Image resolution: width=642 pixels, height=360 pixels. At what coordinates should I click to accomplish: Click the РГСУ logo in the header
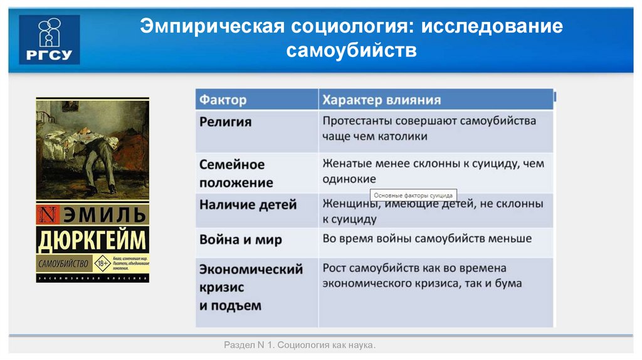tap(50, 40)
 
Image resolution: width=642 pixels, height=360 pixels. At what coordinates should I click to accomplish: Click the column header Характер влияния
tap(381, 100)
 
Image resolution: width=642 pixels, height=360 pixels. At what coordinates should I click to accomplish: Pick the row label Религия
tap(225, 122)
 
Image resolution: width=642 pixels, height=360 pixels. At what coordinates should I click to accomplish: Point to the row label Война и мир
tap(240, 240)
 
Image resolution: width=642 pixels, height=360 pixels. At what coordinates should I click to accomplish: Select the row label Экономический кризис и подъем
tap(250, 287)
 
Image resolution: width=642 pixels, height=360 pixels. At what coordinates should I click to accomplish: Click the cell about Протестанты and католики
tap(429, 128)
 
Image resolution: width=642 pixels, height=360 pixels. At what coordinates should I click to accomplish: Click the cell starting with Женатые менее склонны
tap(433, 171)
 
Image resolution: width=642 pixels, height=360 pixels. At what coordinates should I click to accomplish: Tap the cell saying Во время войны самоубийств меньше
tap(427, 238)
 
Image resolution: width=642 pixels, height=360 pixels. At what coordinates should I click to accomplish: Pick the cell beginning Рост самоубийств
tap(423, 276)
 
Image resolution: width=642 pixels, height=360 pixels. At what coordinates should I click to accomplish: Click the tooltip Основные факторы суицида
tap(412, 195)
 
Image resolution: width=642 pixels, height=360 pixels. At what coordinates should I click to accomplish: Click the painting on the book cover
tap(92, 149)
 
